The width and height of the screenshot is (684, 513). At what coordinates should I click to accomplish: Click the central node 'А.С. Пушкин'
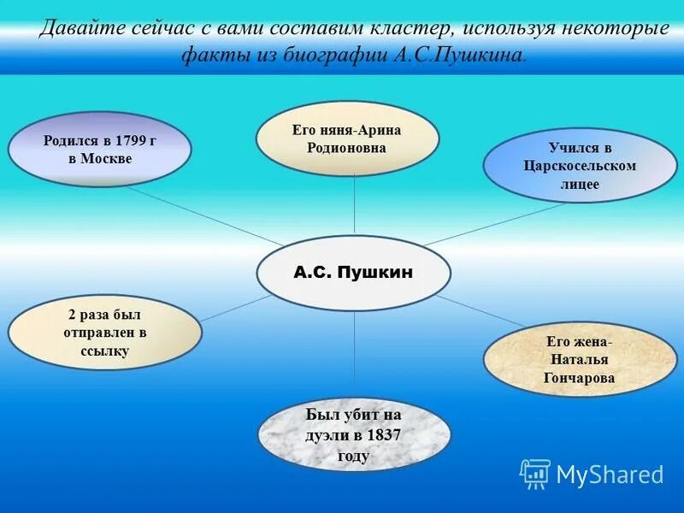(x=353, y=273)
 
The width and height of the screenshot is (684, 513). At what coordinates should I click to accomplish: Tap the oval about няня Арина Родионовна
(x=347, y=139)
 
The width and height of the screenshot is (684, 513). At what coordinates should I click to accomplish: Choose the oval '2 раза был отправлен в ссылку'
(x=104, y=332)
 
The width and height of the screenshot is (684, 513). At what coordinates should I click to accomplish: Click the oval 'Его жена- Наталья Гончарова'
(x=579, y=358)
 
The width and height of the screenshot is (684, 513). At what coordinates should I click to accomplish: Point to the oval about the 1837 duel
(x=353, y=434)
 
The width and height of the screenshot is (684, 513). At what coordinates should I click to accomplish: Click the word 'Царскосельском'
(x=580, y=166)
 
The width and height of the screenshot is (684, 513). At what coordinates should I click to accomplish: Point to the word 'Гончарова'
(x=579, y=377)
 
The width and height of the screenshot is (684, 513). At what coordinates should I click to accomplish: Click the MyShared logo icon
(x=535, y=474)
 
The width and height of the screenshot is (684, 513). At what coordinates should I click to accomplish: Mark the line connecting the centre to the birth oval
(x=205, y=215)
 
